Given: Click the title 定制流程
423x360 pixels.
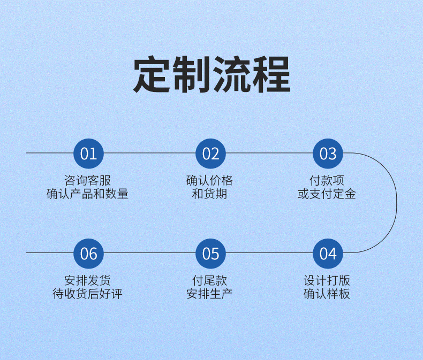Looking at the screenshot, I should pyautogui.click(x=211, y=75).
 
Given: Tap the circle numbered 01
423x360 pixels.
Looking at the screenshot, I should pyautogui.click(x=88, y=154).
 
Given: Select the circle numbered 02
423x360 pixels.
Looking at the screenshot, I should pyautogui.click(x=210, y=154).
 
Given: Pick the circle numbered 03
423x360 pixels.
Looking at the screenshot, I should pyautogui.click(x=328, y=154).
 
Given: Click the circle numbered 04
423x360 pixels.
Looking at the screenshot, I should pyautogui.click(x=328, y=254).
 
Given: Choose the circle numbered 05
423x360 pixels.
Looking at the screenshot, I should pyautogui.click(x=210, y=254).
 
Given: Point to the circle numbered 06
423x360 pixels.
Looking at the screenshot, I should pyautogui.click(x=88, y=254).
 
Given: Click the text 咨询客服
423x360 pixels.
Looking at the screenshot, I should pyautogui.click(x=88, y=180).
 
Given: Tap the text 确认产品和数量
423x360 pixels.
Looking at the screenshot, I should pyautogui.click(x=88, y=194).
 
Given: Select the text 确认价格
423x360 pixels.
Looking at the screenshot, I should pyautogui.click(x=210, y=180).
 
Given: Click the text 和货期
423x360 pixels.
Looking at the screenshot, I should pyautogui.click(x=210, y=194).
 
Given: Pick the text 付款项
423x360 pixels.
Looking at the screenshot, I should pyautogui.click(x=327, y=180).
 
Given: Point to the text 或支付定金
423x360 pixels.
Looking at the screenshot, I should pyautogui.click(x=327, y=194).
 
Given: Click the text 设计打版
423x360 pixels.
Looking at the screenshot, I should pyautogui.click(x=327, y=280).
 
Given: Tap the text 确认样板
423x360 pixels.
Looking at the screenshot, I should pyautogui.click(x=327, y=294).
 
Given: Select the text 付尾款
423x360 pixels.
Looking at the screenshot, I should pyautogui.click(x=210, y=280).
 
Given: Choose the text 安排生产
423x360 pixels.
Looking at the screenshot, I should pyautogui.click(x=210, y=294).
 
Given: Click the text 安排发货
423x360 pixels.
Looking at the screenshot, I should pyautogui.click(x=88, y=280).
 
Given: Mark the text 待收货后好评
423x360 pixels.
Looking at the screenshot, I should pyautogui.click(x=88, y=294).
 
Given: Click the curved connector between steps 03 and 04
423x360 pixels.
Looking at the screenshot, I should pyautogui.click(x=397, y=203).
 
